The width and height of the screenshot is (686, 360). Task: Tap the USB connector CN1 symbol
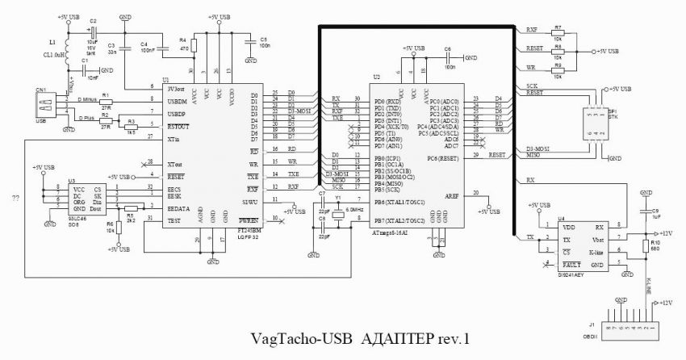point(39,106)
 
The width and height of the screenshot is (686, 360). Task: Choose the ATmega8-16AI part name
point(389,232)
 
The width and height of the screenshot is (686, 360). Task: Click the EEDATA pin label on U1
point(178,207)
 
